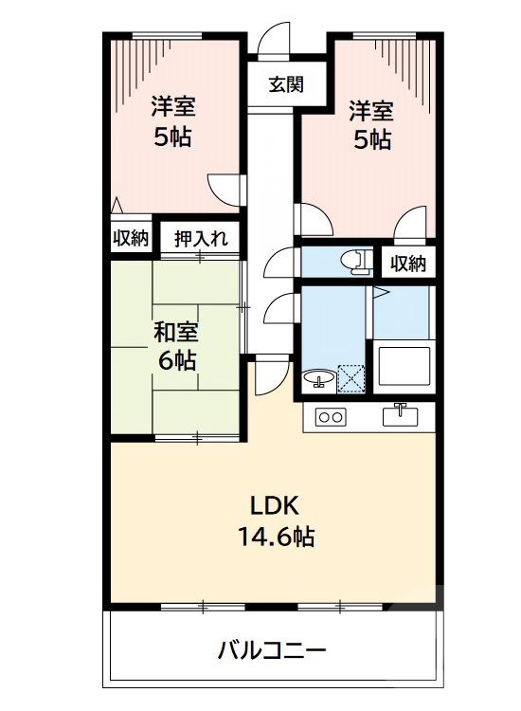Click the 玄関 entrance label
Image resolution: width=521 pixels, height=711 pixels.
click(286, 84)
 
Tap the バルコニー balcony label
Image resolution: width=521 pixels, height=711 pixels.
click(272, 651)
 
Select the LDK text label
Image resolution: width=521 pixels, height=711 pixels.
click(275, 505)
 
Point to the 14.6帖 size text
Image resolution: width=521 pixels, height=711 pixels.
click(276, 537)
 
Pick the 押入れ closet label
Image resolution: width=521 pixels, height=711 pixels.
click(201, 239)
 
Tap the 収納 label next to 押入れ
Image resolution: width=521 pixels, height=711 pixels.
click(131, 237)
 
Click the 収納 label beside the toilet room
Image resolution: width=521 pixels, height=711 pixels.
click(408, 263)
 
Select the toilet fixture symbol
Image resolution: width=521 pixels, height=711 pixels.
click(356, 262)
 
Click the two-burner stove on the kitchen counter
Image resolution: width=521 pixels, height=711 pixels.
click(331, 416)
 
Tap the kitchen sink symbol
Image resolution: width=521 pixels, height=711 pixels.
click(401, 414)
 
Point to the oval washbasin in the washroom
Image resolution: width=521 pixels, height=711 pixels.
click(319, 377)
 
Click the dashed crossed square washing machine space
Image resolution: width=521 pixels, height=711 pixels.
click(351, 378)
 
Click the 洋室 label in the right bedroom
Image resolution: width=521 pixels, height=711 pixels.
click(370, 112)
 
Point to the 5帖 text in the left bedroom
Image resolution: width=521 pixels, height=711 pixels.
click(172, 137)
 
